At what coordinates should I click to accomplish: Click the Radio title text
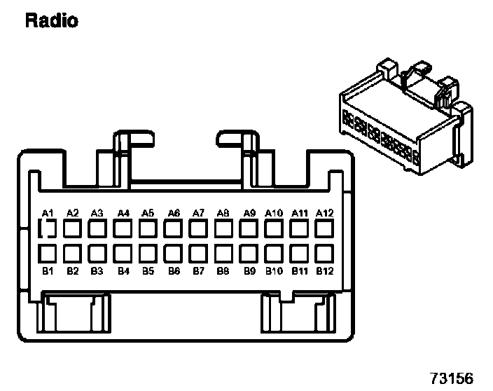(x=51, y=20)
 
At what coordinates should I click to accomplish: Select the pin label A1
(x=48, y=212)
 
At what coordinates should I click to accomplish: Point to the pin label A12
(x=324, y=212)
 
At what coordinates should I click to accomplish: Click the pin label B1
(x=48, y=270)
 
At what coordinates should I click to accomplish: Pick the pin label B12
(x=324, y=270)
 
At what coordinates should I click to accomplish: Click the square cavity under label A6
(x=173, y=228)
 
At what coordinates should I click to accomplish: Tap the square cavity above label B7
(x=198, y=252)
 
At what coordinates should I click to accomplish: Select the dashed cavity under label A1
(x=48, y=228)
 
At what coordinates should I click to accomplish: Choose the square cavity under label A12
(x=324, y=228)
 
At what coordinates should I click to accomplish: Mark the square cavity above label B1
(x=48, y=252)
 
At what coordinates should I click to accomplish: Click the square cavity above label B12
(x=324, y=252)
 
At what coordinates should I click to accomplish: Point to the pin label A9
(x=249, y=212)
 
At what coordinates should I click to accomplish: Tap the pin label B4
(x=123, y=270)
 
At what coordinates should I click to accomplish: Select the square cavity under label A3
(x=97, y=228)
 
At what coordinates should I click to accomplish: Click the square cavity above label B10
(x=274, y=252)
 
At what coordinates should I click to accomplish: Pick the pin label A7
(x=198, y=212)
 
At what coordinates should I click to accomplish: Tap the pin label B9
(x=249, y=270)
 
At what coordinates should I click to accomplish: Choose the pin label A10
(x=274, y=212)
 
